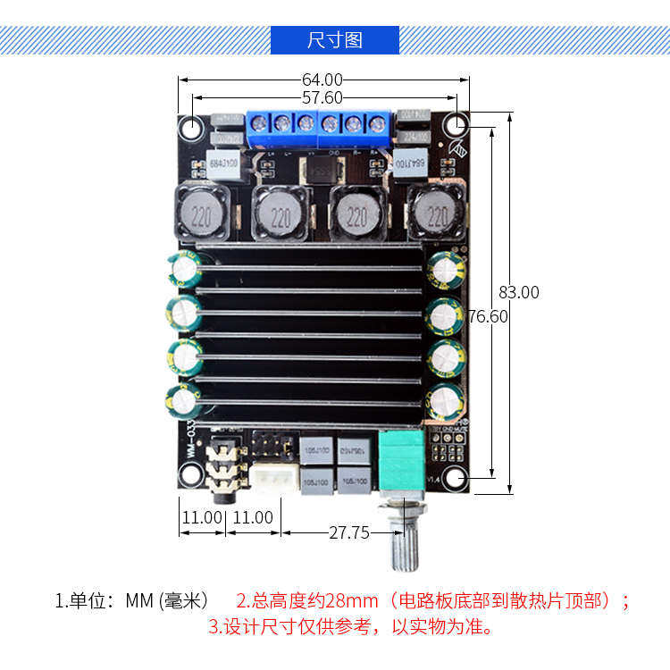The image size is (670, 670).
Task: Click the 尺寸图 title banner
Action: [x=335, y=40]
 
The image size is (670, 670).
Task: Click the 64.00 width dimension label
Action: [x=322, y=80]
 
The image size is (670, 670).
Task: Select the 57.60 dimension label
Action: [x=322, y=97]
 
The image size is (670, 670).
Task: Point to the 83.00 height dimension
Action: [x=519, y=292]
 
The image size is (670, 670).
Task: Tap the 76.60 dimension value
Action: [x=488, y=316]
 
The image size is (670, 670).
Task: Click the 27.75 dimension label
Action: [x=349, y=533]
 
